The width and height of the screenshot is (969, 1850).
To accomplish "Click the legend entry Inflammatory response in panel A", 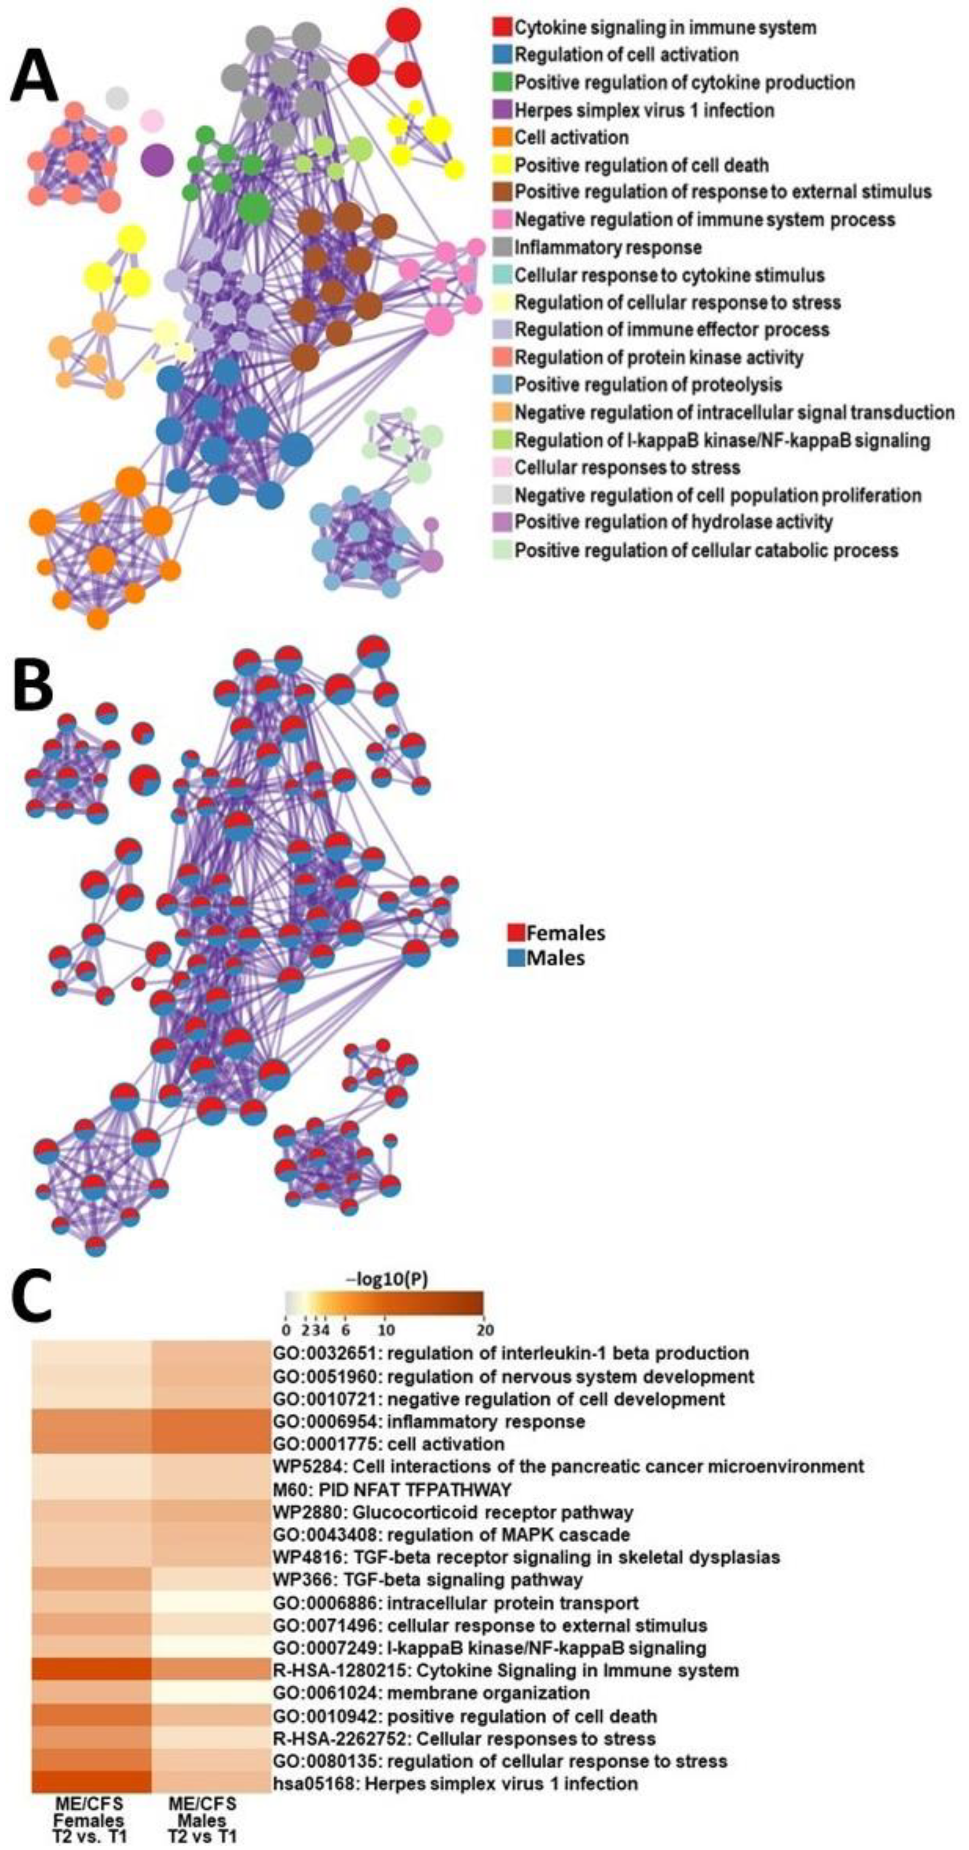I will pyautogui.click(x=608, y=247).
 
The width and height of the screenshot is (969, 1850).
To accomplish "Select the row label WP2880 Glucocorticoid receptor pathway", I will pyautogui.click(x=452, y=1513).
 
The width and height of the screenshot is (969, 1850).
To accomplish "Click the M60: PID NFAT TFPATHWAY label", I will pyautogui.click(x=392, y=1489).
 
